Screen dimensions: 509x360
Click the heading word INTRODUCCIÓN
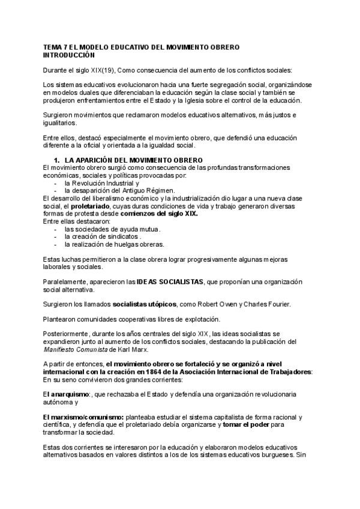(70, 55)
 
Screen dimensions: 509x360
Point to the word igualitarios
(60, 123)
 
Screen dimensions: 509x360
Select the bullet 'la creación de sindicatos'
(103, 236)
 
